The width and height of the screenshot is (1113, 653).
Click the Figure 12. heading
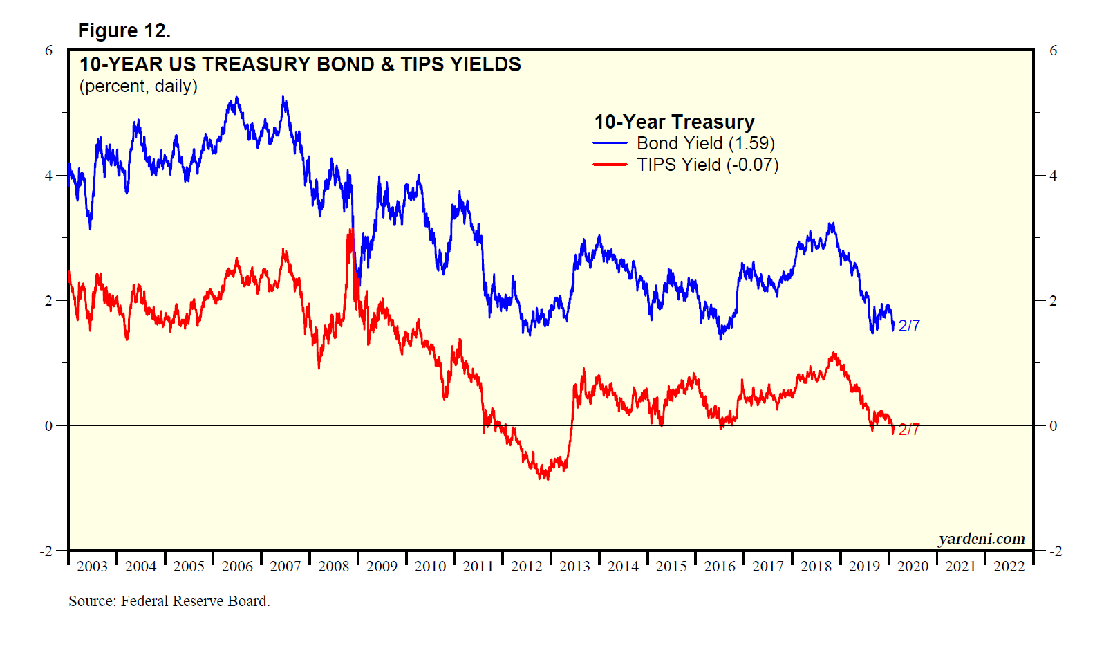[124, 30]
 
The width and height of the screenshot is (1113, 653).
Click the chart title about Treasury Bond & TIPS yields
[300, 64]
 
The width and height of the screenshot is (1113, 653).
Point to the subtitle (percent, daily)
[138, 86]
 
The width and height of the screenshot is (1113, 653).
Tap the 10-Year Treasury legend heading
[674, 122]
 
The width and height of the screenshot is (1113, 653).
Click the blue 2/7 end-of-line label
[909, 326]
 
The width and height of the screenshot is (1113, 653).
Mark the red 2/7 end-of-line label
[909, 430]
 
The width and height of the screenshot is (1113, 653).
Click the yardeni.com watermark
[982, 539]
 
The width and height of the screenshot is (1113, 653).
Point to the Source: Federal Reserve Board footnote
[169, 601]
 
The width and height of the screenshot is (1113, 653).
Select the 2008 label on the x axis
[333, 567]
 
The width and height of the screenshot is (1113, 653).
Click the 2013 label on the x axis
[574, 567]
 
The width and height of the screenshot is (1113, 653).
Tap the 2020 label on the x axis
[913, 567]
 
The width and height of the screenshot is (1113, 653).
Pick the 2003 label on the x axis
[92, 567]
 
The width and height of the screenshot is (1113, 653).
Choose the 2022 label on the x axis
[1009, 567]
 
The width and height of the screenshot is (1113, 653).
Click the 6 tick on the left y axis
[48, 50]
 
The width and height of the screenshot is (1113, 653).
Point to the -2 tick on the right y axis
[1055, 551]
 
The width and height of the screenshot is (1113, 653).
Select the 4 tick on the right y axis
[1053, 176]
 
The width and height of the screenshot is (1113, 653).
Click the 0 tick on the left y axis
[48, 426]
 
